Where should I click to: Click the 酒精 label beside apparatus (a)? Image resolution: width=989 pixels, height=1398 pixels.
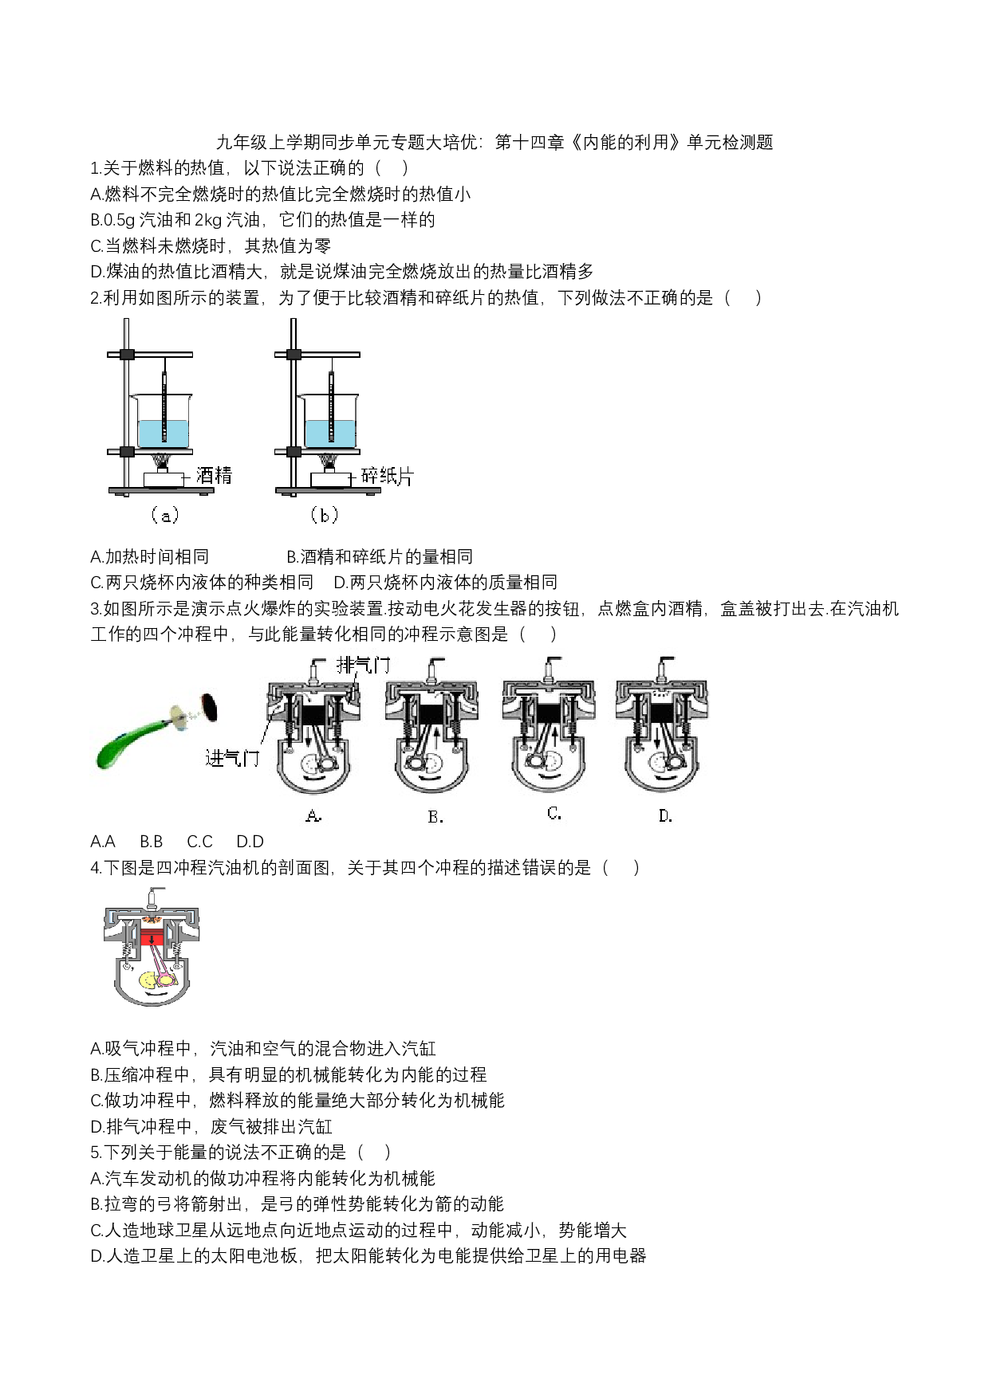click(214, 476)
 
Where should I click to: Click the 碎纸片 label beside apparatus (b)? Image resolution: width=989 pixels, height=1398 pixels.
click(388, 476)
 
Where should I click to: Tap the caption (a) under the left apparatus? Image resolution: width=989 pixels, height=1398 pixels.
click(164, 516)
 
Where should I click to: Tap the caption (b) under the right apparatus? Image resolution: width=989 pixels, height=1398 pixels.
click(324, 516)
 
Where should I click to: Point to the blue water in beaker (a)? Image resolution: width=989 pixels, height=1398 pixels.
click(164, 434)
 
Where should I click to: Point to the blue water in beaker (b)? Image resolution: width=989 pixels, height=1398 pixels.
click(330, 434)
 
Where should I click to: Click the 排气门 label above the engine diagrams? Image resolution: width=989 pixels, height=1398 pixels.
click(364, 664)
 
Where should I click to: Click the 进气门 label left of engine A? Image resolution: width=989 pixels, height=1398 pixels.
click(232, 757)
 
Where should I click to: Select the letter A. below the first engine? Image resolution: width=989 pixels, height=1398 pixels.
click(313, 816)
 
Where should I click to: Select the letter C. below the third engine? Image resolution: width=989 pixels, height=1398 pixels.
click(554, 814)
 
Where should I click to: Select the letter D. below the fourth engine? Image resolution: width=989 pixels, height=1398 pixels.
click(665, 816)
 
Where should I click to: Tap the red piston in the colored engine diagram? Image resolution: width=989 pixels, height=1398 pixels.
click(152, 936)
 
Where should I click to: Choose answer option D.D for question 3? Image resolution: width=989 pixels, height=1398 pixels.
click(250, 842)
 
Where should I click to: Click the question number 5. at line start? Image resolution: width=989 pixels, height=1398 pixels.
click(96, 1153)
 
